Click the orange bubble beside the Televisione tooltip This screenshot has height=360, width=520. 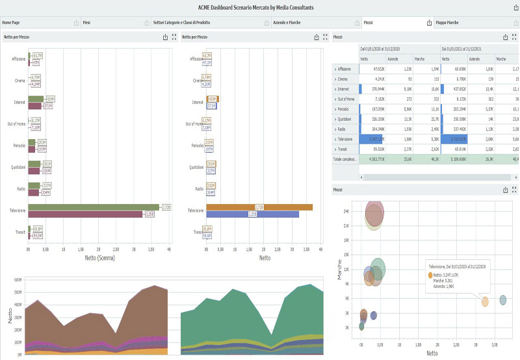click(x=485, y=302)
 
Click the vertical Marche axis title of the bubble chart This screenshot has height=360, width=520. click(x=339, y=270)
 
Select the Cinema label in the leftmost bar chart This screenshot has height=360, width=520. click(x=19, y=81)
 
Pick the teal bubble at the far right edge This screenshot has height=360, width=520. click(x=503, y=300)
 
